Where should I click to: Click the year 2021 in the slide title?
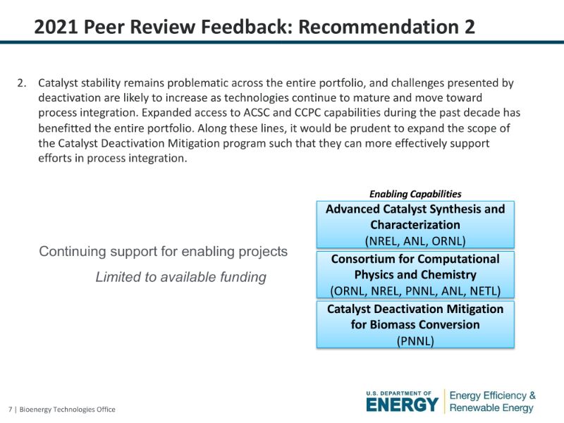tap(56, 27)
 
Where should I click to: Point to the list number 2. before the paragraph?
tap(22, 83)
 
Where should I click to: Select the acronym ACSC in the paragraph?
tap(257, 113)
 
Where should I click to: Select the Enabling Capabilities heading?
tap(415, 195)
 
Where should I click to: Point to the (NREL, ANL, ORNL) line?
tap(415, 240)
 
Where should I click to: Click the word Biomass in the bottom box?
tap(391, 324)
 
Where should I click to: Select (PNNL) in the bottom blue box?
tap(415, 341)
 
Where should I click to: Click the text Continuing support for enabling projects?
tap(164, 252)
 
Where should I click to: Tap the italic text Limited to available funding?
tap(181, 277)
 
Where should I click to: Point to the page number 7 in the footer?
tap(11, 410)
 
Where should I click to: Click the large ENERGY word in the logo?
tap(403, 405)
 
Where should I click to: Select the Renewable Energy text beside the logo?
tap(491, 408)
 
